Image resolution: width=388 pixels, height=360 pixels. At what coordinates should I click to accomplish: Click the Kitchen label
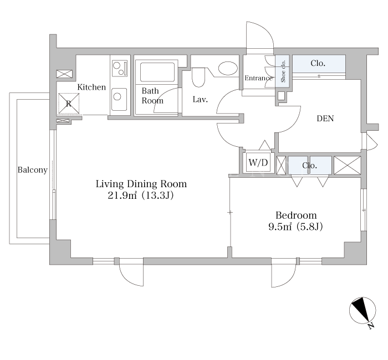tap(91, 87)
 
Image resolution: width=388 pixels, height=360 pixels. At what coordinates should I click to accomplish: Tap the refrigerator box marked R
tap(69, 104)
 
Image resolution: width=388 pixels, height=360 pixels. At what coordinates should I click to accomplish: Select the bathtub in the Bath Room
tap(157, 72)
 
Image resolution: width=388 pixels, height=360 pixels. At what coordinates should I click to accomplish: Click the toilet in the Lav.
tap(198, 77)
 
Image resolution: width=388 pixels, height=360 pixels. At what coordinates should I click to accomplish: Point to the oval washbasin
tap(228, 68)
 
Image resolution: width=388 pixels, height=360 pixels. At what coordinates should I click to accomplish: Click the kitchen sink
tap(119, 99)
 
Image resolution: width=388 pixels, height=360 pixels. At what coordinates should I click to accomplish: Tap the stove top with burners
tap(120, 68)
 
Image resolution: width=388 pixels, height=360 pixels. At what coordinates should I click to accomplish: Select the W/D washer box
tap(258, 163)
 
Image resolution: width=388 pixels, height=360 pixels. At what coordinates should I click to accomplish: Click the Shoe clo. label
tap(283, 71)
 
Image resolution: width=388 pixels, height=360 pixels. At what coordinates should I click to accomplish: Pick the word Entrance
tap(259, 78)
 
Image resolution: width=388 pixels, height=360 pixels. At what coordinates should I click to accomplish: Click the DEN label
tap(325, 119)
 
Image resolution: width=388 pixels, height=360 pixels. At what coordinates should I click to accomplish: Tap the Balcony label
tap(32, 170)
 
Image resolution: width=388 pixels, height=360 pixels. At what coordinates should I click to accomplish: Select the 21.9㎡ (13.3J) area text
tap(141, 196)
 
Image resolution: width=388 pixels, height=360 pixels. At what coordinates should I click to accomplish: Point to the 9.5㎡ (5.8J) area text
tap(295, 227)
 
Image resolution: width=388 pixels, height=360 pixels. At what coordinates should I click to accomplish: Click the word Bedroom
tap(296, 215)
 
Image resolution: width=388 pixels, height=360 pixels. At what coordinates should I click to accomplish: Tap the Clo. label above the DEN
tap(318, 63)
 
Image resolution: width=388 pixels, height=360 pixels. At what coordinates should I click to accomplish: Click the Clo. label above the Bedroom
tap(309, 165)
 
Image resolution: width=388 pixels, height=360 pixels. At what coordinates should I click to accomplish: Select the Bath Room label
tap(152, 96)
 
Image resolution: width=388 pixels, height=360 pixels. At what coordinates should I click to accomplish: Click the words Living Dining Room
tap(141, 184)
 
